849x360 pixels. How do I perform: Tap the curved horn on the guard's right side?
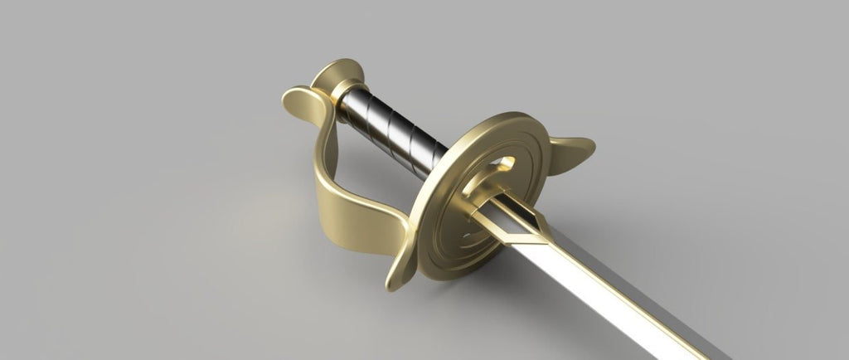[x=572, y=149]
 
